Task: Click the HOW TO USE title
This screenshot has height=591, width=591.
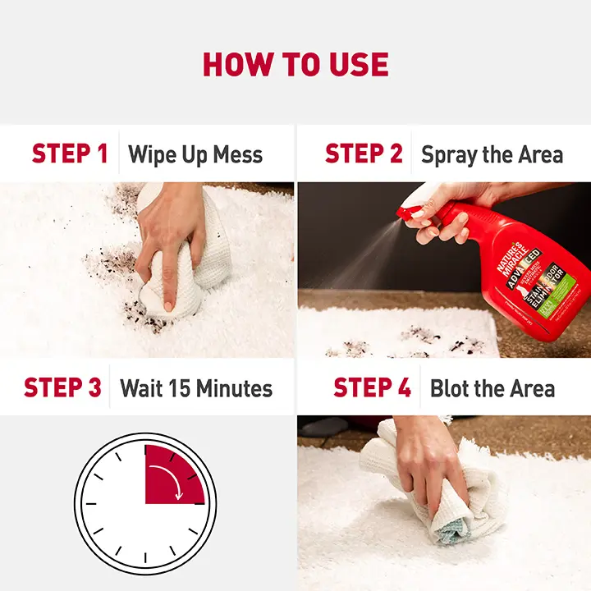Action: [295, 64]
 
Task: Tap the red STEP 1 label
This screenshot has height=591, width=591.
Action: [70, 153]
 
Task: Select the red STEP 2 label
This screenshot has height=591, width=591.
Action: [364, 153]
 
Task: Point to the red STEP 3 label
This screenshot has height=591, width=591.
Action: [62, 387]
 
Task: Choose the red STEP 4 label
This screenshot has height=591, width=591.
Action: [372, 387]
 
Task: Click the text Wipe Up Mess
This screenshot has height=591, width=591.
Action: [195, 154]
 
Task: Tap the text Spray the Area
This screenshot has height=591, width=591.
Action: [492, 154]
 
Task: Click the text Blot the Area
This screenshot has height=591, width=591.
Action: [492, 387]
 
